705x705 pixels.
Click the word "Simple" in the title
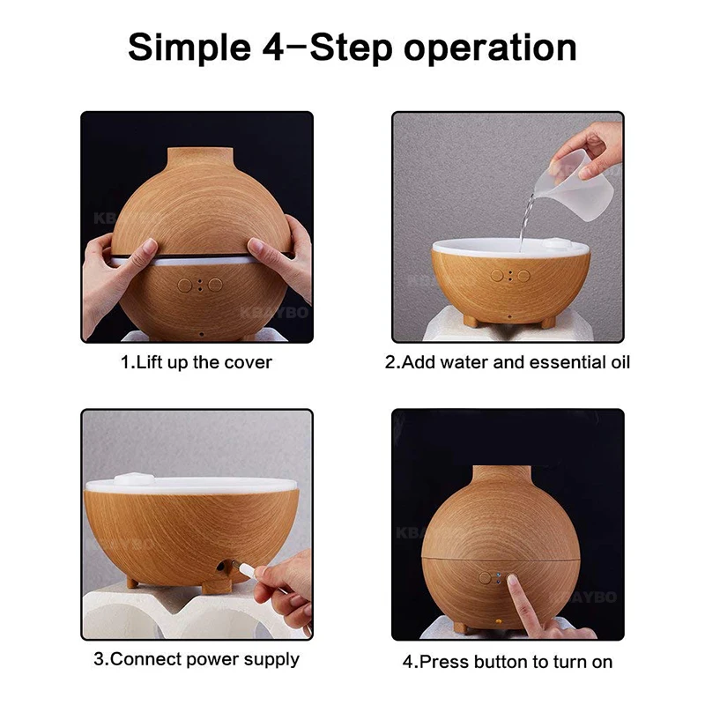tap(189, 48)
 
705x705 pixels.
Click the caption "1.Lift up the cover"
tap(196, 362)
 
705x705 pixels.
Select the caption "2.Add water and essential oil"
tap(508, 362)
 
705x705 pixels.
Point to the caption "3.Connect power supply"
tap(196, 659)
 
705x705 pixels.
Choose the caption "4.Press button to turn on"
tap(508, 662)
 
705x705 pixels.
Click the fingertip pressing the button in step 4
tap(512, 581)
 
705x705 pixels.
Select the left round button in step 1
tap(185, 285)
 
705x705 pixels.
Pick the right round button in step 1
tap(215, 285)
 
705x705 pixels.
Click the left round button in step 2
tap(497, 276)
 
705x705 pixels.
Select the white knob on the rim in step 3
tap(134, 479)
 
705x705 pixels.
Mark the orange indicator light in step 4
tap(498, 622)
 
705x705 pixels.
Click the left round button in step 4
tap(485, 578)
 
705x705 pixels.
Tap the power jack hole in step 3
tap(221, 565)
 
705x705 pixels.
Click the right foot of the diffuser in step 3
tap(217, 586)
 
